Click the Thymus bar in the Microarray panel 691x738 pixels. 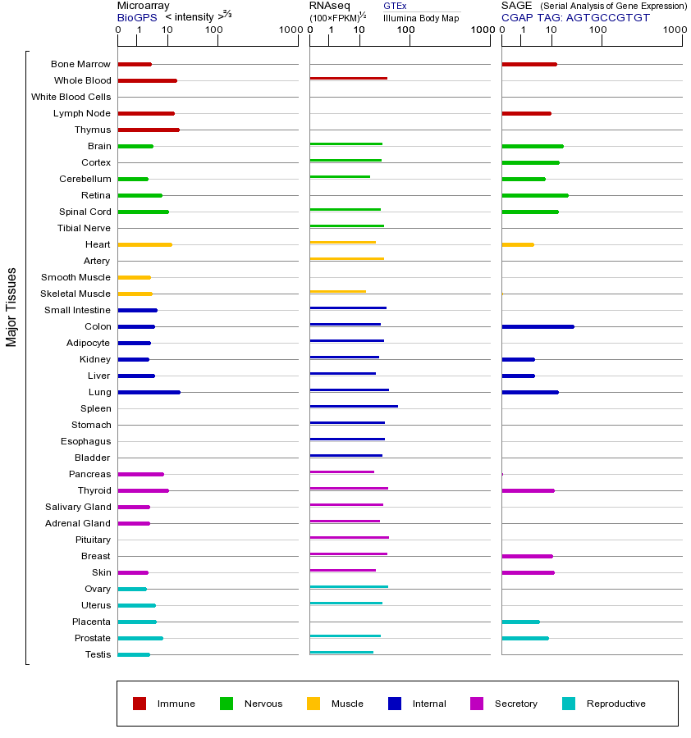pyautogui.click(x=149, y=130)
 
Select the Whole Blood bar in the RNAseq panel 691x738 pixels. pyautogui.click(x=348, y=79)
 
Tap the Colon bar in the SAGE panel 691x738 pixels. pyautogui.click(x=538, y=326)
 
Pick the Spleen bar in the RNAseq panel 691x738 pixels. pyautogui.click(x=354, y=407)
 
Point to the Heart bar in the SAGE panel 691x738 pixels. pyautogui.click(x=518, y=244)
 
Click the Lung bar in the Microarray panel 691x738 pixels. pyautogui.click(x=149, y=392)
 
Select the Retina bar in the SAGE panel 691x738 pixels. pyautogui.click(x=534, y=195)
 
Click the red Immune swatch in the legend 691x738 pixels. pyautogui.click(x=140, y=704)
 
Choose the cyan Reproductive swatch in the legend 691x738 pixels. pyautogui.click(x=569, y=704)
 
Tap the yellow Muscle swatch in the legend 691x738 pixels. pyautogui.click(x=313, y=704)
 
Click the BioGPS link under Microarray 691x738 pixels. pyautogui.click(x=135, y=17)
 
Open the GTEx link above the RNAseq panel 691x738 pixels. pyautogui.click(x=395, y=6)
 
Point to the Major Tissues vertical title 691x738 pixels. pyautogui.click(x=11, y=307)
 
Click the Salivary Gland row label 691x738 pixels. pyautogui.click(x=78, y=507)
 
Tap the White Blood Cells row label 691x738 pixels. pyautogui.click(x=71, y=97)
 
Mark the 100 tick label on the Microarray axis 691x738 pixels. pyautogui.click(x=213, y=30)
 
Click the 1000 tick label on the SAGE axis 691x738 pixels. pyautogui.click(x=674, y=30)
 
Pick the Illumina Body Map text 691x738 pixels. pyautogui.click(x=421, y=17)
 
